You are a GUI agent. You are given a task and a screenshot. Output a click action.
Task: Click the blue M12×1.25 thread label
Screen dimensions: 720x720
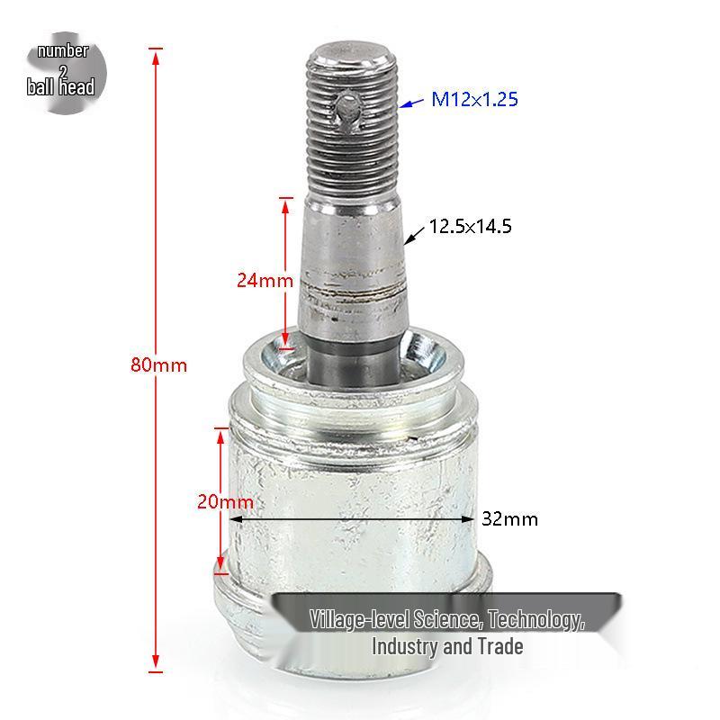474,99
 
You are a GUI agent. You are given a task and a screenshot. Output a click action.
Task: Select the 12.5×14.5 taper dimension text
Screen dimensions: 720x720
470,227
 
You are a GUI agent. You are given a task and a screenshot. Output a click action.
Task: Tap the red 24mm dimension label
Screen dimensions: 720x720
265,280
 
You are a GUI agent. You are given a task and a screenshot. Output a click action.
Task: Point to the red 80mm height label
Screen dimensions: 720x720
159,365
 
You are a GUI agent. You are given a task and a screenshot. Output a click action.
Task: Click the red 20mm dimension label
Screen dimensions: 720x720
225,501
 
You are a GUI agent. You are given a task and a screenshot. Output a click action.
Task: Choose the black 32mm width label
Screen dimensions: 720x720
509,519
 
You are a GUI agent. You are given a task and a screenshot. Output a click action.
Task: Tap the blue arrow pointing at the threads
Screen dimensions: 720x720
411,103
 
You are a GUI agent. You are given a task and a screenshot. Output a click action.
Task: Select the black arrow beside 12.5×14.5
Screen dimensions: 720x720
414,235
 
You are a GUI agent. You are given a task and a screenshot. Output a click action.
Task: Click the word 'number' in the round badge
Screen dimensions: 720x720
63,50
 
